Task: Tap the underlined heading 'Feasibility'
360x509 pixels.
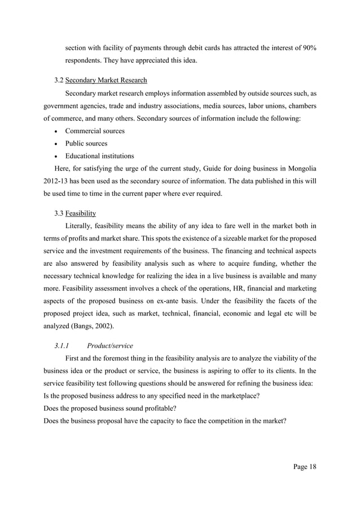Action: (80, 213)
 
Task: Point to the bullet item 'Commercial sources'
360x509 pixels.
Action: (95, 131)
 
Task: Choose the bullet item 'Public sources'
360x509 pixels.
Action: (86, 143)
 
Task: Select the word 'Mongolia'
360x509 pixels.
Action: (300, 168)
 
